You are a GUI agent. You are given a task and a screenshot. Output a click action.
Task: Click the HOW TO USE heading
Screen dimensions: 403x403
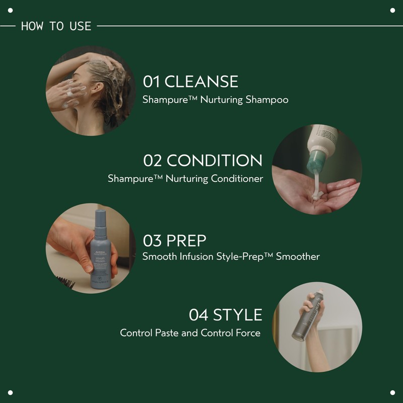56,26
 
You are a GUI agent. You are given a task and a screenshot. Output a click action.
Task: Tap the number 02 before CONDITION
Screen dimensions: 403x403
153,161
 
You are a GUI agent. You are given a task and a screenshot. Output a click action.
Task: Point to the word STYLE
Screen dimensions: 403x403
238,315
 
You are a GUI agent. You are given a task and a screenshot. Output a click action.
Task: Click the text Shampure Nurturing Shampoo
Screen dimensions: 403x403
215,100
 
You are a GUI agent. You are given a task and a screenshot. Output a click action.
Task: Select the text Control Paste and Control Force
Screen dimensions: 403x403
190,333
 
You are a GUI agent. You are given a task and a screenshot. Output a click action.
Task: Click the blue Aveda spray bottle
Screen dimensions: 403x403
101,257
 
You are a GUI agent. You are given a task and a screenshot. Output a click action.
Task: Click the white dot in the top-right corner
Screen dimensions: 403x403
392,11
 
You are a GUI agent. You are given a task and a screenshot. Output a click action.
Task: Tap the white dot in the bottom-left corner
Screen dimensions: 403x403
11,392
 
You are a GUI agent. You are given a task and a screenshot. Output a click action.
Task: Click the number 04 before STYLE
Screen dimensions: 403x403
199,315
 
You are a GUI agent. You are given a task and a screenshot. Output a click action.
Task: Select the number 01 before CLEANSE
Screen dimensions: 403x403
152,82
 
